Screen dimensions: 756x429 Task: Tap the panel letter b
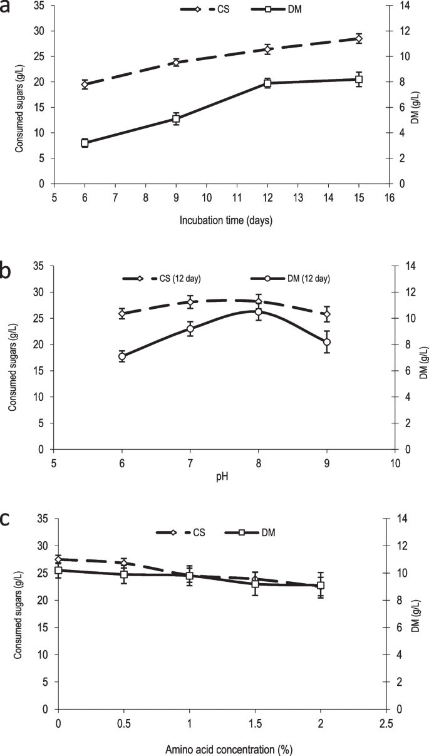coord(9,272)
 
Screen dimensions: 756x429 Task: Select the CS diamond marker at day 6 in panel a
coord(85,85)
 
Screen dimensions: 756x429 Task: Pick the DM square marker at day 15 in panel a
coord(359,80)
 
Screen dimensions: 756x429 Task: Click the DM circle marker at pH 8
coord(259,312)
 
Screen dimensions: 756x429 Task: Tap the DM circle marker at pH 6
coord(122,356)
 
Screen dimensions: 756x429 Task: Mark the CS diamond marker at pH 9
coord(327,314)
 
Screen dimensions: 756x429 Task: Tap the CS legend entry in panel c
coord(182,532)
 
